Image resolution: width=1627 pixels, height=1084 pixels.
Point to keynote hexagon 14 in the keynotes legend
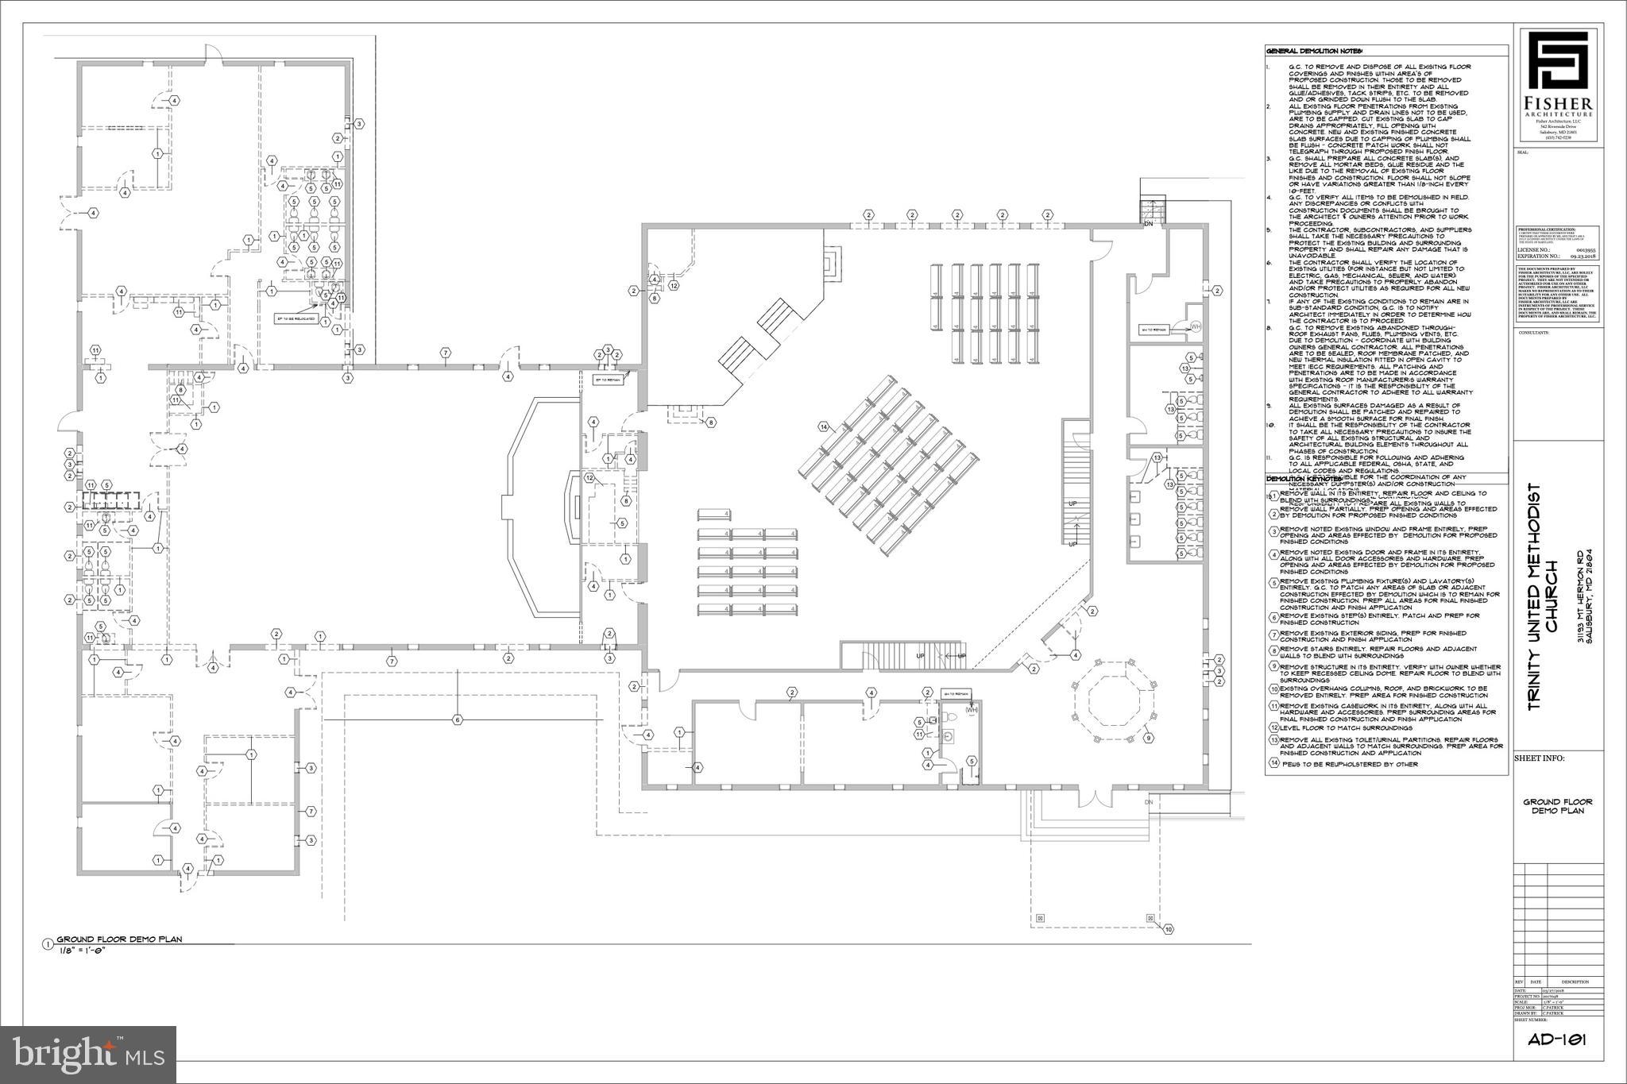pyautogui.click(x=1274, y=764)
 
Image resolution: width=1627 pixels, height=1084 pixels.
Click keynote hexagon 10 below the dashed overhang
pyautogui.click(x=1168, y=928)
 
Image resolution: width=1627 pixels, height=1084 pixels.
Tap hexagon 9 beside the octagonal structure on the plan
pyautogui.click(x=1148, y=738)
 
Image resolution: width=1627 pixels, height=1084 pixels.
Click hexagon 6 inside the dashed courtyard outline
pyautogui.click(x=458, y=720)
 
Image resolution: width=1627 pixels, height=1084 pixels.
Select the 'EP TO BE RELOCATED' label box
pyautogui.click(x=296, y=318)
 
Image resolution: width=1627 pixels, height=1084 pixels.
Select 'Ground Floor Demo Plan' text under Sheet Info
pyautogui.click(x=1557, y=806)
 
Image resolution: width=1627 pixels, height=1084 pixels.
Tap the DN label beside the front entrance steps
pyautogui.click(x=1148, y=802)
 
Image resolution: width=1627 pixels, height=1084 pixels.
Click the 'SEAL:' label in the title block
pyautogui.click(x=1523, y=152)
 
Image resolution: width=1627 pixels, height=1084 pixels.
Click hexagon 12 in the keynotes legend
pyautogui.click(x=1274, y=727)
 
